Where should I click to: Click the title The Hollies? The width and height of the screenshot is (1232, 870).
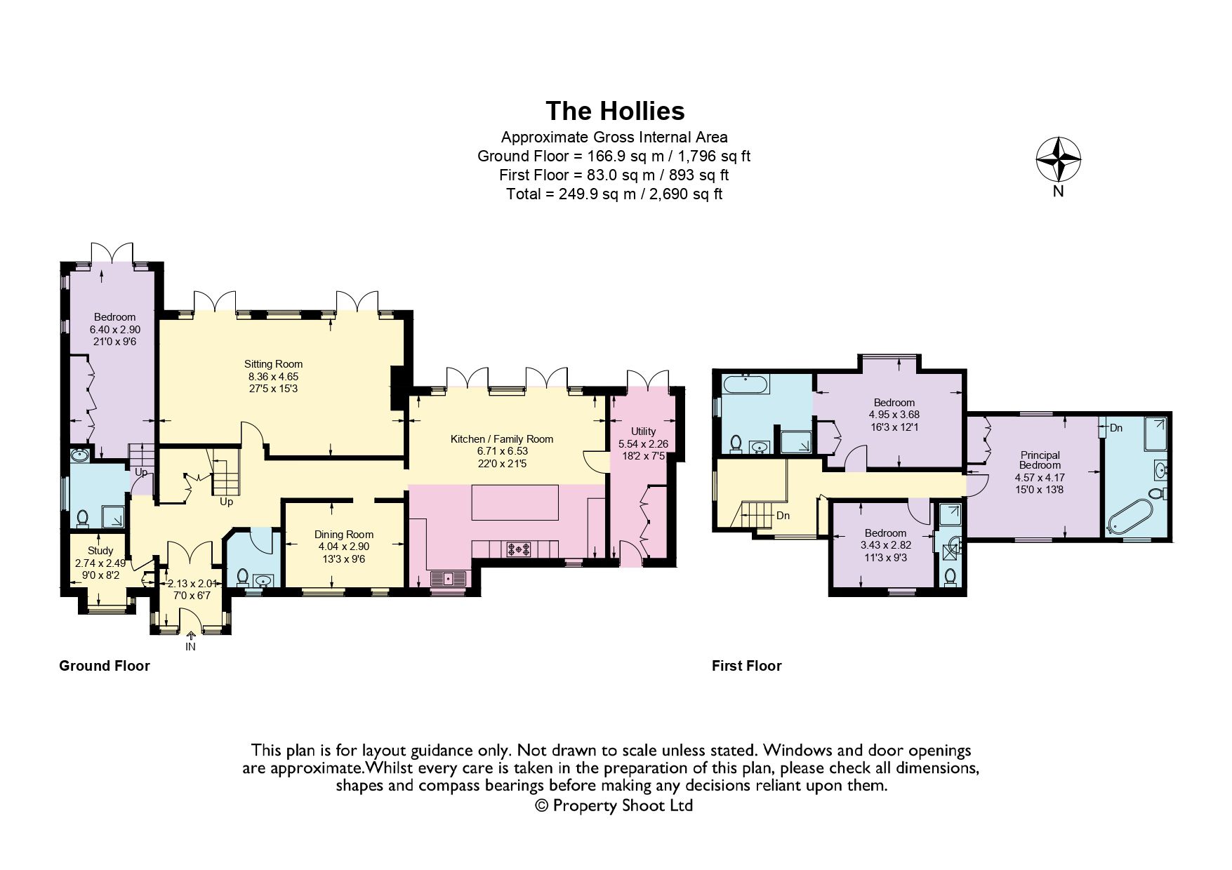coord(615,111)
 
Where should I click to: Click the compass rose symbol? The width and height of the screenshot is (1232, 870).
coord(1058,159)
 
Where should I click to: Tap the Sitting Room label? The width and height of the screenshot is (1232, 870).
coord(273,364)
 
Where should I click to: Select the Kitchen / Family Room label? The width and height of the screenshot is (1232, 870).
coord(501,439)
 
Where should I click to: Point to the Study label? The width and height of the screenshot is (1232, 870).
coord(100,551)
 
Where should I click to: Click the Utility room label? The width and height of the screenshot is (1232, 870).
coord(643,431)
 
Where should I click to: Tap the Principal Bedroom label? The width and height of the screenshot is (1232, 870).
coord(1040,460)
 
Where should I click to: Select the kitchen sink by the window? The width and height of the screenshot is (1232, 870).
coord(447,578)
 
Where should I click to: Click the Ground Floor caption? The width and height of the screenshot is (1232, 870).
coord(105,666)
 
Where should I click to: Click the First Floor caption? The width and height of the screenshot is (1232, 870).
coord(746,666)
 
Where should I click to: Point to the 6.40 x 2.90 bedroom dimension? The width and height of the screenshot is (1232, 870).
coord(114,329)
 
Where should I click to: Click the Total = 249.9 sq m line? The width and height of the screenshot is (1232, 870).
coord(614,194)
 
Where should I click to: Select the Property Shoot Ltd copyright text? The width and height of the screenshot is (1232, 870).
coord(614,805)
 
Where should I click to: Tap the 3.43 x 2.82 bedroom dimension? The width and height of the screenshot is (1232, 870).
coord(885,544)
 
